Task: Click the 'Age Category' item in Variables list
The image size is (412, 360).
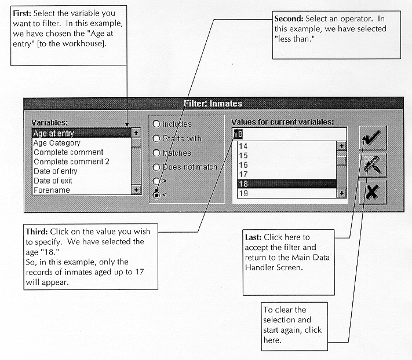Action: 57,143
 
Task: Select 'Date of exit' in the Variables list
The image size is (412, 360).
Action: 56,181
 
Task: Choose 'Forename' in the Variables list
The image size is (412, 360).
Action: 52,190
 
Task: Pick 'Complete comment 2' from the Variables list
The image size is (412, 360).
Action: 71,162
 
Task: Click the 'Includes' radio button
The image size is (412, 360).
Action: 156,124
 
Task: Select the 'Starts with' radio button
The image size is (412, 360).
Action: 156,138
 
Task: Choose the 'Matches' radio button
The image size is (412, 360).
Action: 156,153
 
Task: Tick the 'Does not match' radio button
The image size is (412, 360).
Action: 156,167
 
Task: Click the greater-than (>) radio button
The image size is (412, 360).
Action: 156,181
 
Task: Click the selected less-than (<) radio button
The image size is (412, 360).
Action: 156,195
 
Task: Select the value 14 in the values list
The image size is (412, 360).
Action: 243,146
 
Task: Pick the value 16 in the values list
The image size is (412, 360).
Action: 243,165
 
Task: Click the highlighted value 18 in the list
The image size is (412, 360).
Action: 284,183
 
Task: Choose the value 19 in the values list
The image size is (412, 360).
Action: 243,193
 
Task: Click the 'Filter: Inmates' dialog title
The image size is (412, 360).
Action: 213,104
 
